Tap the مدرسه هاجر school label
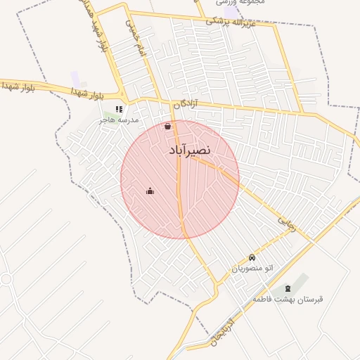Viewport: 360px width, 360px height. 120,120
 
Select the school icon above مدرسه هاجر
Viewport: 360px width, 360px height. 119,109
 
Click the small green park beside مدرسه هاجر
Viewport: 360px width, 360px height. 110,112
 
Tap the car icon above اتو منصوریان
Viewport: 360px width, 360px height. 252,257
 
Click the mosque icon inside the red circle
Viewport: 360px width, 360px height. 150,191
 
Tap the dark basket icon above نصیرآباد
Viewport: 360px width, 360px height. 167,127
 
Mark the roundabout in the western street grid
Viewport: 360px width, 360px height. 5,279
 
